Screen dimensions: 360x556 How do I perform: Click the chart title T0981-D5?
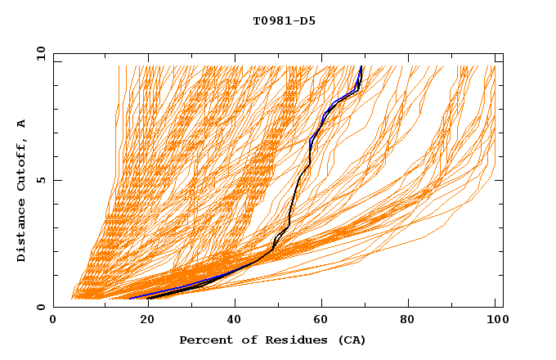tap(284, 20)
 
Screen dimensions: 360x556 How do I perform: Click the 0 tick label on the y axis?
tap(41, 307)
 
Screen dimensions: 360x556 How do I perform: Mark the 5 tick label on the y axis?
tap(41, 180)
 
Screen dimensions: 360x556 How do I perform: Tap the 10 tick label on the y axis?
tap(38, 53)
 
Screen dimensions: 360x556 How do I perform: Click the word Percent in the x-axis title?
tap(203, 340)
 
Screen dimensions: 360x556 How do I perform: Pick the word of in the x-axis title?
tap(243, 340)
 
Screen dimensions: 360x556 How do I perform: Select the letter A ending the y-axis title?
tap(22, 124)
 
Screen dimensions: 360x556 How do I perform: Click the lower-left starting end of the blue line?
tap(129, 299)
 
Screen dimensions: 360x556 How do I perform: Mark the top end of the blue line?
tap(361, 66)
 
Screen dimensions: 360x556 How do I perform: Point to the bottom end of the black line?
tap(148, 299)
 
